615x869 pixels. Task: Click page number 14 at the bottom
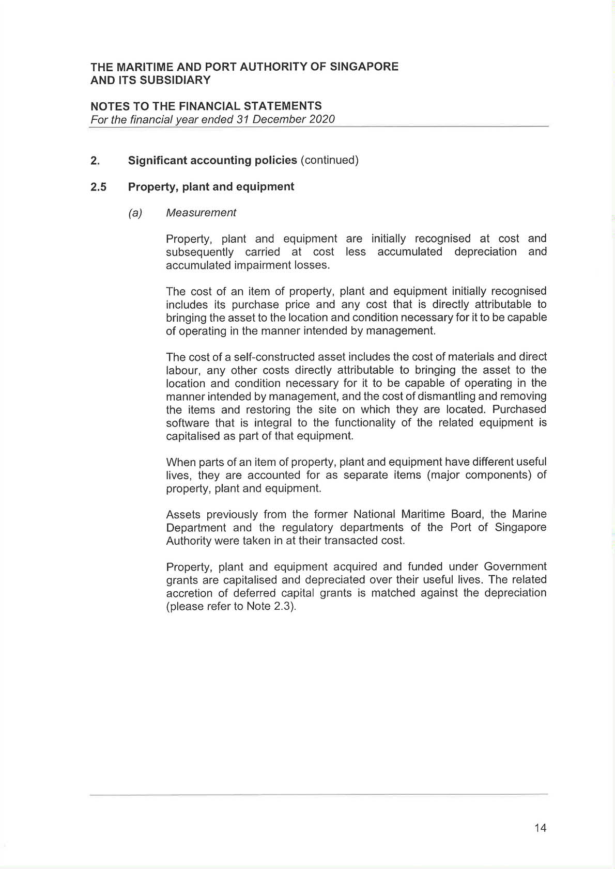pos(540,828)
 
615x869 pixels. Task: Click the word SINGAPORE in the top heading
pos(364,67)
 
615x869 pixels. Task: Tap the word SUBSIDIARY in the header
pos(175,80)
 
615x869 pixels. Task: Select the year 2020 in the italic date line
pos(322,119)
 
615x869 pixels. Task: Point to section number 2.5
pos(98,187)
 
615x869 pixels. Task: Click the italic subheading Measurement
pos(201,213)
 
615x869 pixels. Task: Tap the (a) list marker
pos(135,213)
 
